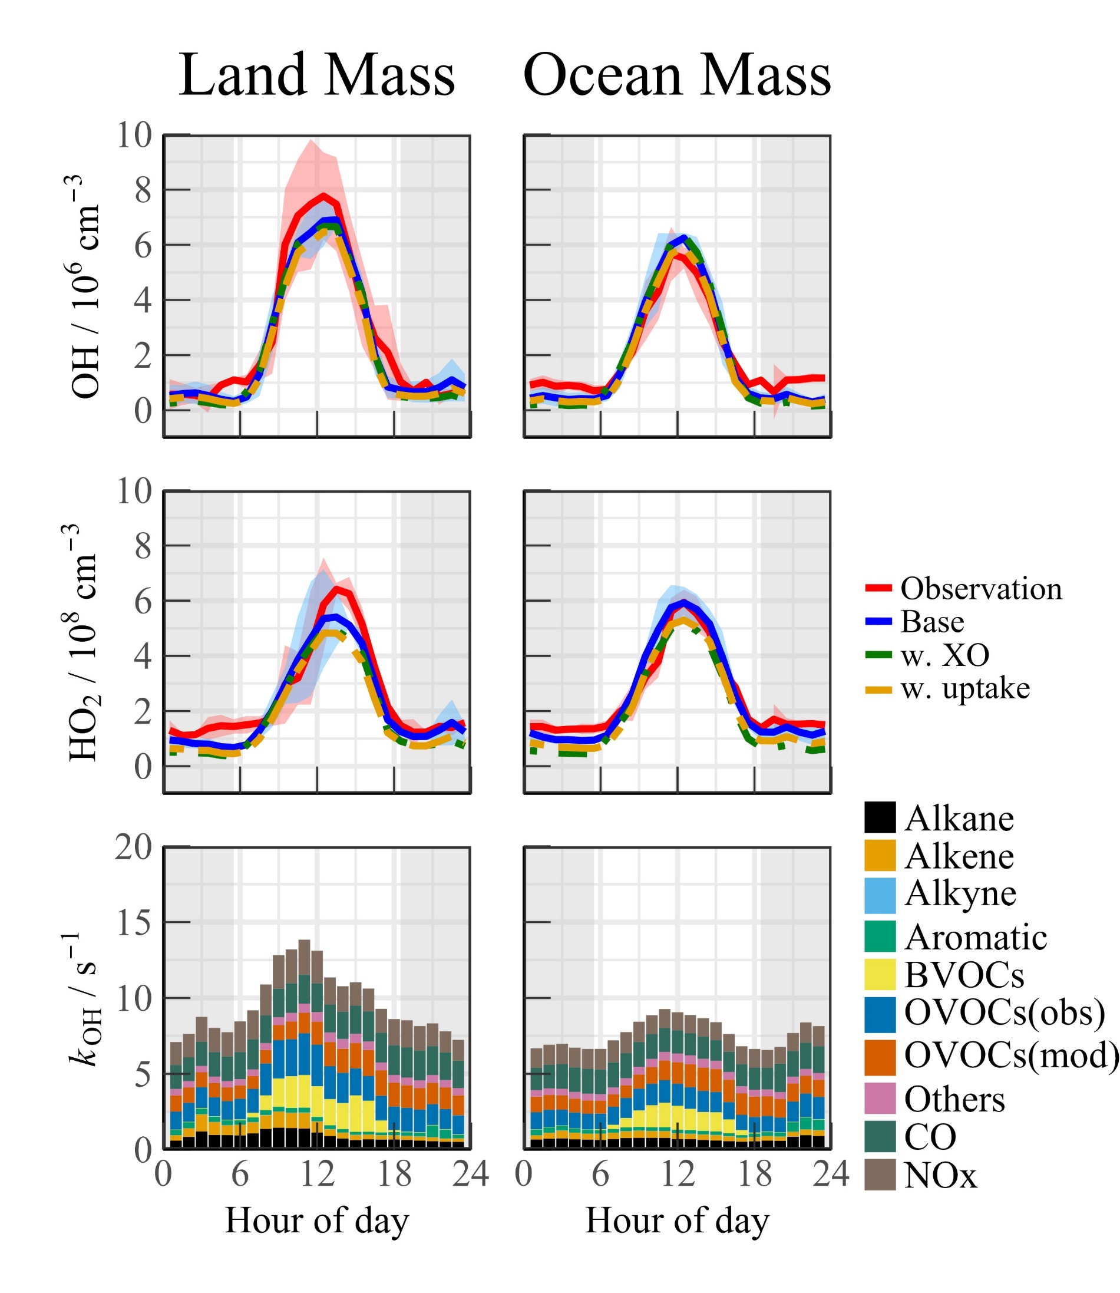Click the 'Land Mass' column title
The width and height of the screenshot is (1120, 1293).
point(317,75)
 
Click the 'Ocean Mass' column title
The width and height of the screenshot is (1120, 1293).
point(677,75)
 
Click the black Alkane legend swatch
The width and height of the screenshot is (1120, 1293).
point(880,818)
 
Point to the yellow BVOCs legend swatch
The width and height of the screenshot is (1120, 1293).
point(880,975)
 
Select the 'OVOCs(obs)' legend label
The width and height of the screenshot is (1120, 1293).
point(1005,1012)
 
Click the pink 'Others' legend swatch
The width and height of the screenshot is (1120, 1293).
point(880,1099)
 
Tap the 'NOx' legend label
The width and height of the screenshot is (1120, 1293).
point(940,1176)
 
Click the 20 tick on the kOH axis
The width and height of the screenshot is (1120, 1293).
point(134,848)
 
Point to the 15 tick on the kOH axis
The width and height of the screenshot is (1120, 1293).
point(134,922)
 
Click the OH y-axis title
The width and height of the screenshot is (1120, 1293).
point(85,286)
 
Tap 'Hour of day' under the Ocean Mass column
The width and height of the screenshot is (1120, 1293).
point(677,1221)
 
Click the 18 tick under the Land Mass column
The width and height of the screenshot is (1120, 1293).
point(394,1173)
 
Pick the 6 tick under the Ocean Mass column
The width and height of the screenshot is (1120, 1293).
point(600,1173)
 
